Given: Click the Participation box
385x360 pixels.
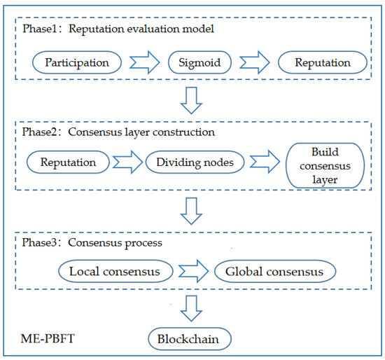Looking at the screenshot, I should [77, 62].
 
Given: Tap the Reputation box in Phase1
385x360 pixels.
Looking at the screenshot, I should [323, 62].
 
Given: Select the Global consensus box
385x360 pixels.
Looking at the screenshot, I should [275, 270].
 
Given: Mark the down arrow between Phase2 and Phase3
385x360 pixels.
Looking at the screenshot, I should [192, 207].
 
